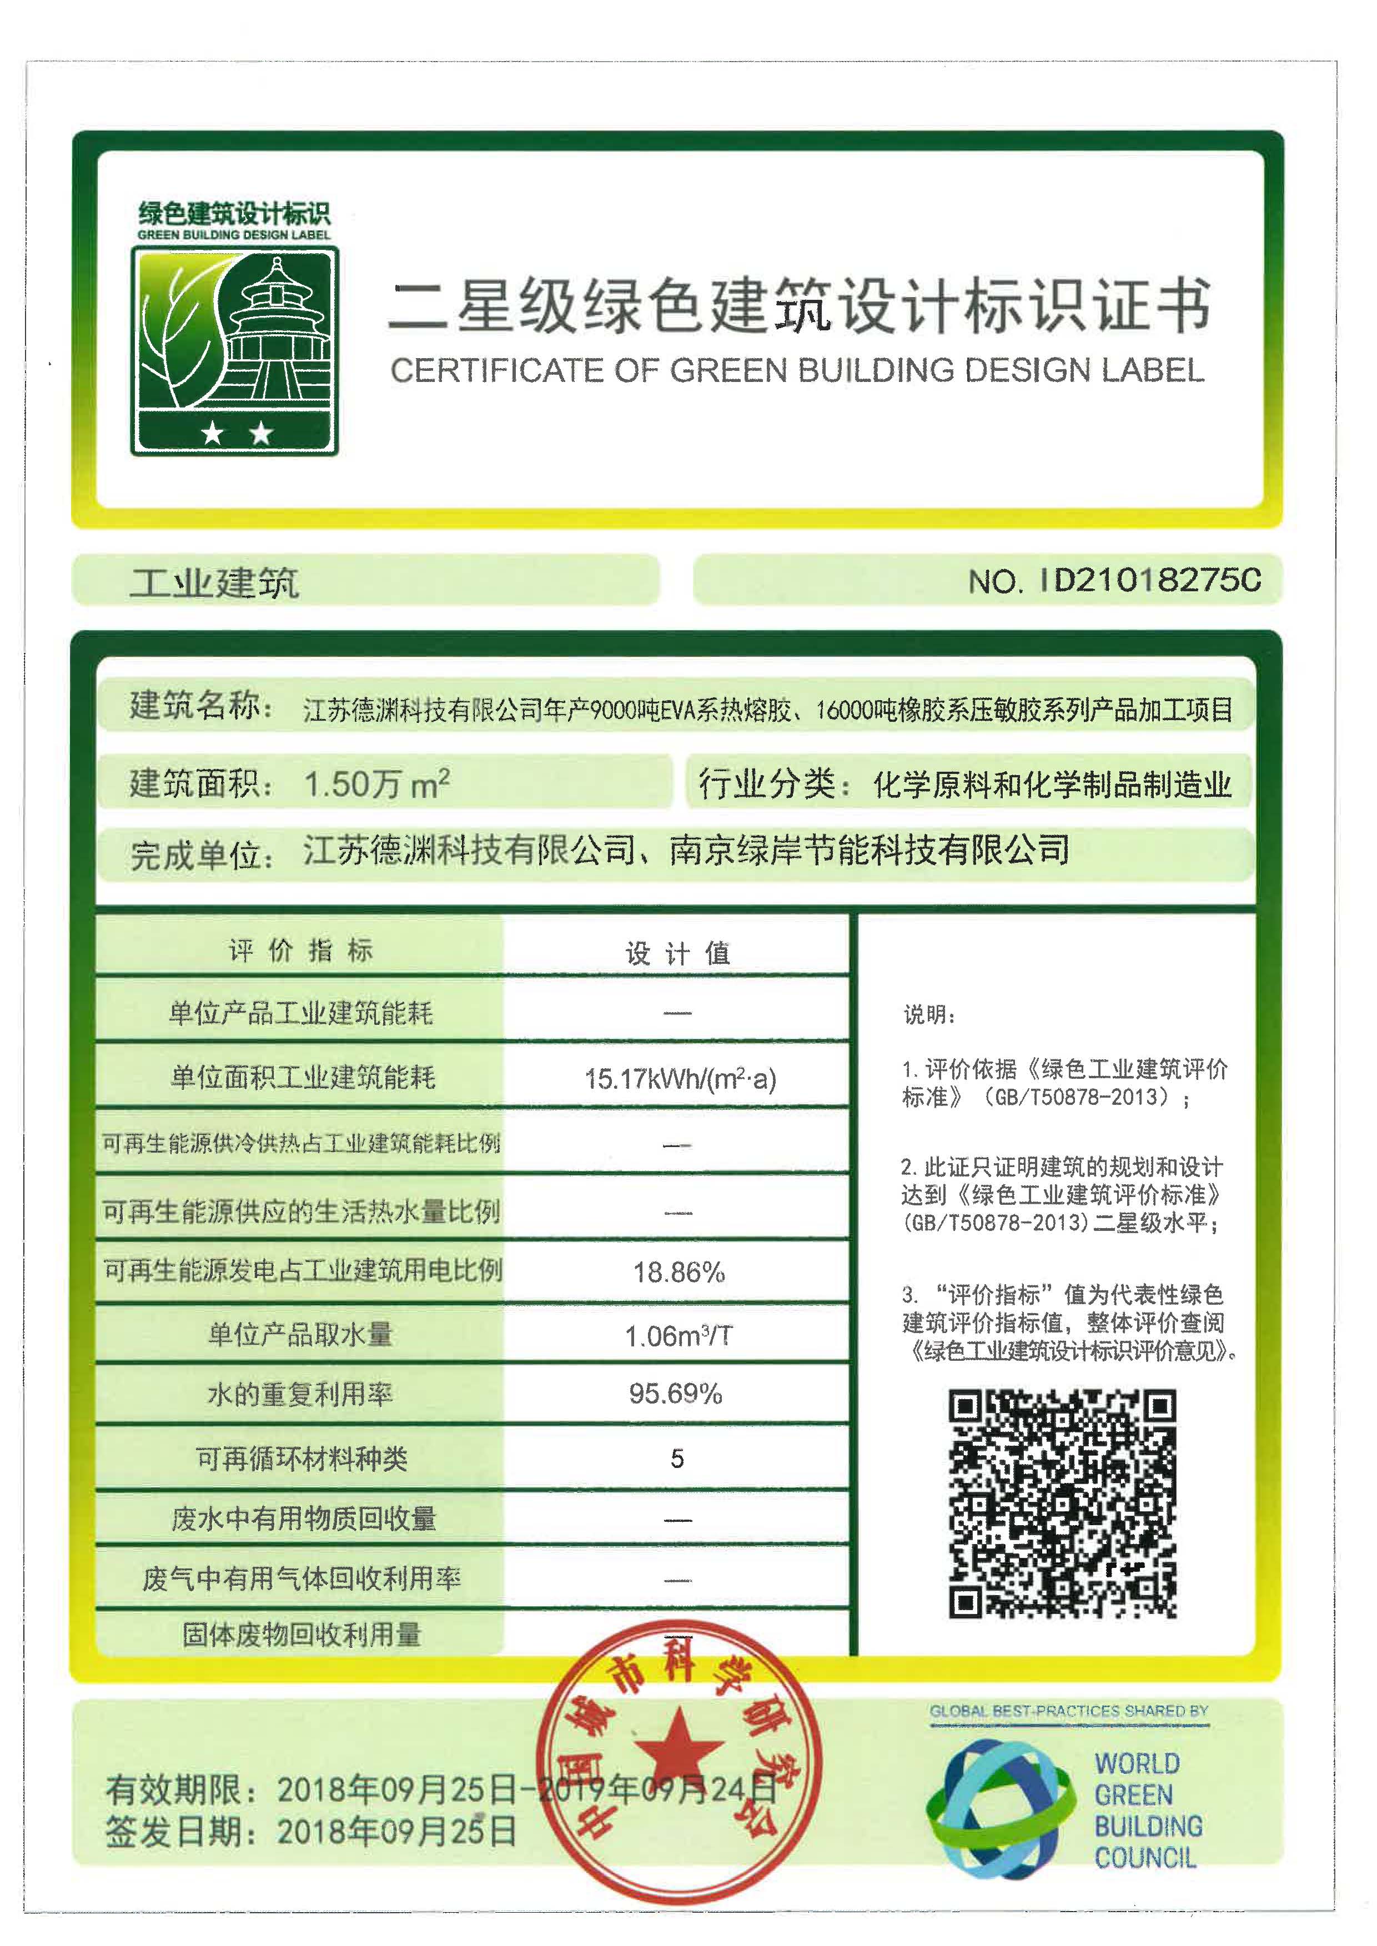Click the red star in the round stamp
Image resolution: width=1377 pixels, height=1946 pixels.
[x=679, y=1745]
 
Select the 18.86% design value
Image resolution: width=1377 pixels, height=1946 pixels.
[x=679, y=1272]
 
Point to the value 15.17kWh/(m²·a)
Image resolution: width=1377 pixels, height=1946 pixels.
[x=680, y=1079]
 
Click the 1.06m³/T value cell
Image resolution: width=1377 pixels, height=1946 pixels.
[x=679, y=1336]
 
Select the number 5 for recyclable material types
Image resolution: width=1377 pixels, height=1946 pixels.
[x=677, y=1459]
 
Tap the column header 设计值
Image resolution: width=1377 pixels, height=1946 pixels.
[x=677, y=954]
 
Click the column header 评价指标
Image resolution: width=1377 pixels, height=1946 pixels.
[x=300, y=951]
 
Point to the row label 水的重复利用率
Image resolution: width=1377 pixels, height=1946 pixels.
[x=300, y=1395]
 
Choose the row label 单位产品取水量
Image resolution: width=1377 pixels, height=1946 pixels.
[x=300, y=1335]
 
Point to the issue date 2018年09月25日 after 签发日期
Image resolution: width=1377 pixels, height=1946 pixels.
[x=396, y=1832]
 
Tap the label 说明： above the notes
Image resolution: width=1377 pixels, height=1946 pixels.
[x=928, y=1015]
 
